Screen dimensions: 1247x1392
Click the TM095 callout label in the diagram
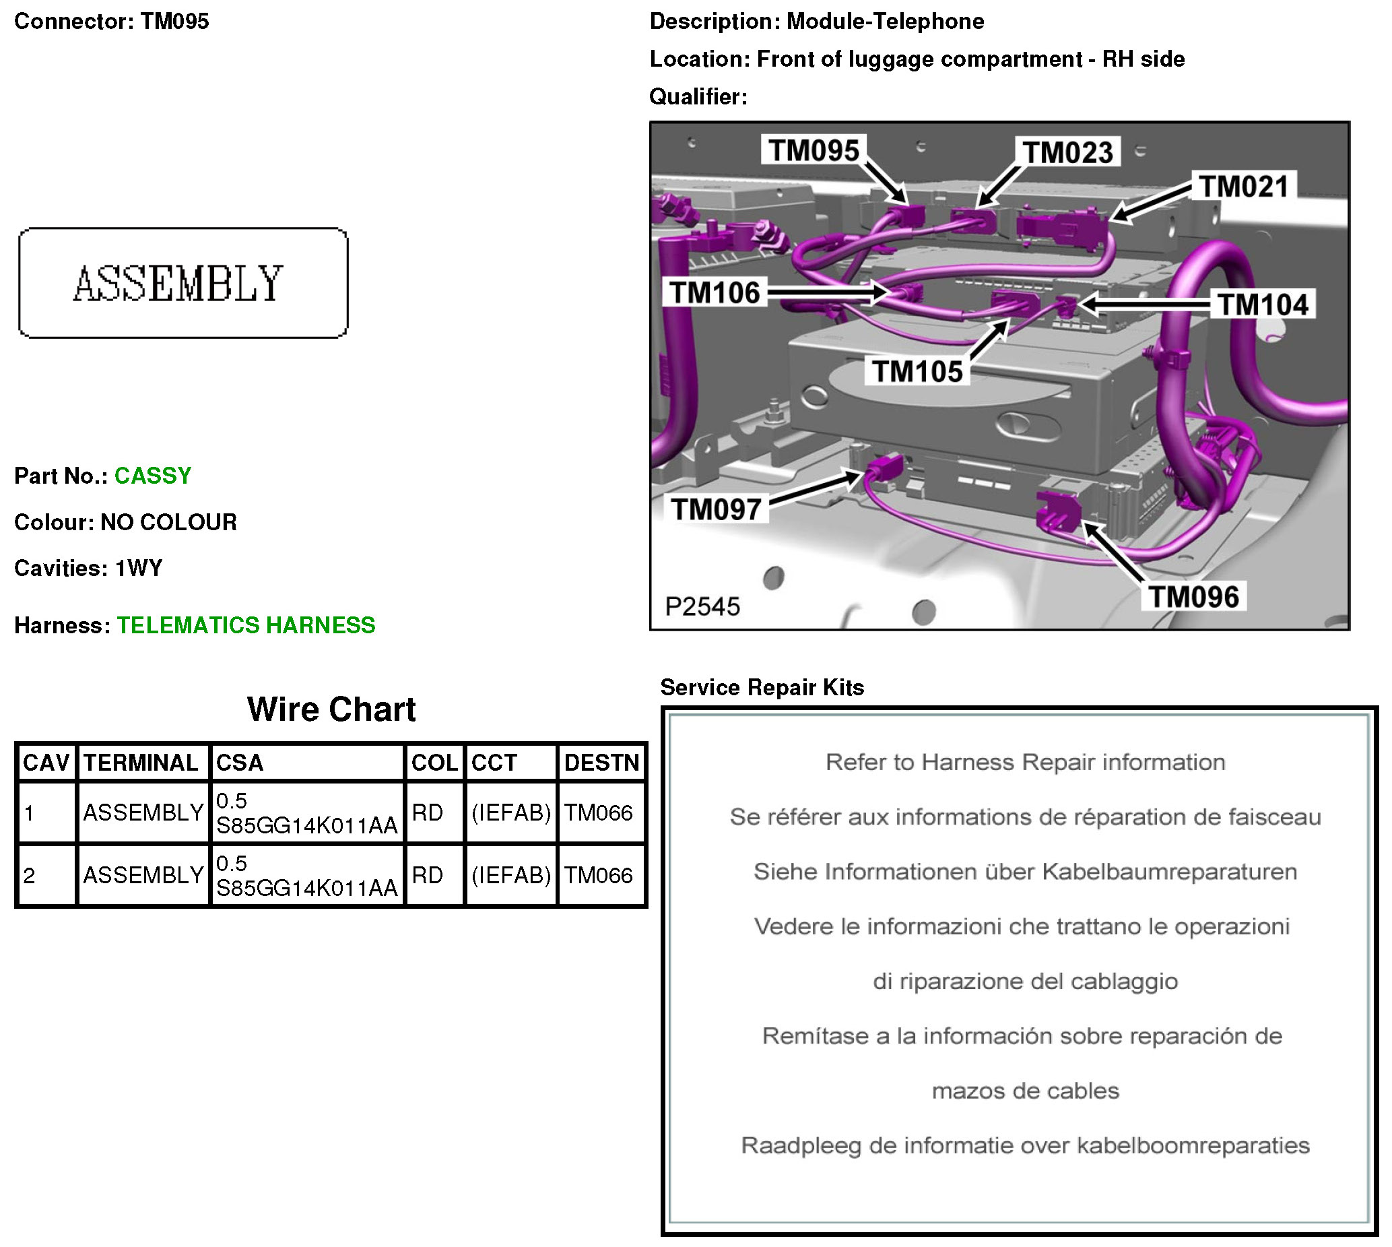pos(813,150)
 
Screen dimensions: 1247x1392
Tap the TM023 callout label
pos(1067,152)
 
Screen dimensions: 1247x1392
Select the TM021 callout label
pos(1243,187)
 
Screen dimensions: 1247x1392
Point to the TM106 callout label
pos(715,292)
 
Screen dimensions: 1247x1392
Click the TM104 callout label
pos(1263,305)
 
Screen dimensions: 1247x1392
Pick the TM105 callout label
pos(917,371)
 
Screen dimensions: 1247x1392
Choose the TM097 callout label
pos(716,509)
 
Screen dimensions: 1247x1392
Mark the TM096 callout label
pos(1193,597)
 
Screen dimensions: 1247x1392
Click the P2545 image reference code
pos(702,606)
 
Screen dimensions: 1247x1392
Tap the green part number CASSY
pos(153,476)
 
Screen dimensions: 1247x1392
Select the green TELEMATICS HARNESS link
pos(246,625)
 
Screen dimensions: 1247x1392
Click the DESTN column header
pos(601,763)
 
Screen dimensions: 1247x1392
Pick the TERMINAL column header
pos(141,763)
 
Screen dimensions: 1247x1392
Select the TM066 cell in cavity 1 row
pos(598,812)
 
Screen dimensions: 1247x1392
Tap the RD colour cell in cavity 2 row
pos(427,875)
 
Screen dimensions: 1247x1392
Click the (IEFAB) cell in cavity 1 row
pos(510,812)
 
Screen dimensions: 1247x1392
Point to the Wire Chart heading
pos(331,709)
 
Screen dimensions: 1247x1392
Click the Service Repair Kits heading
pos(762,687)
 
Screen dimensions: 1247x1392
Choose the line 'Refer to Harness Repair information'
pos(1025,762)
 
